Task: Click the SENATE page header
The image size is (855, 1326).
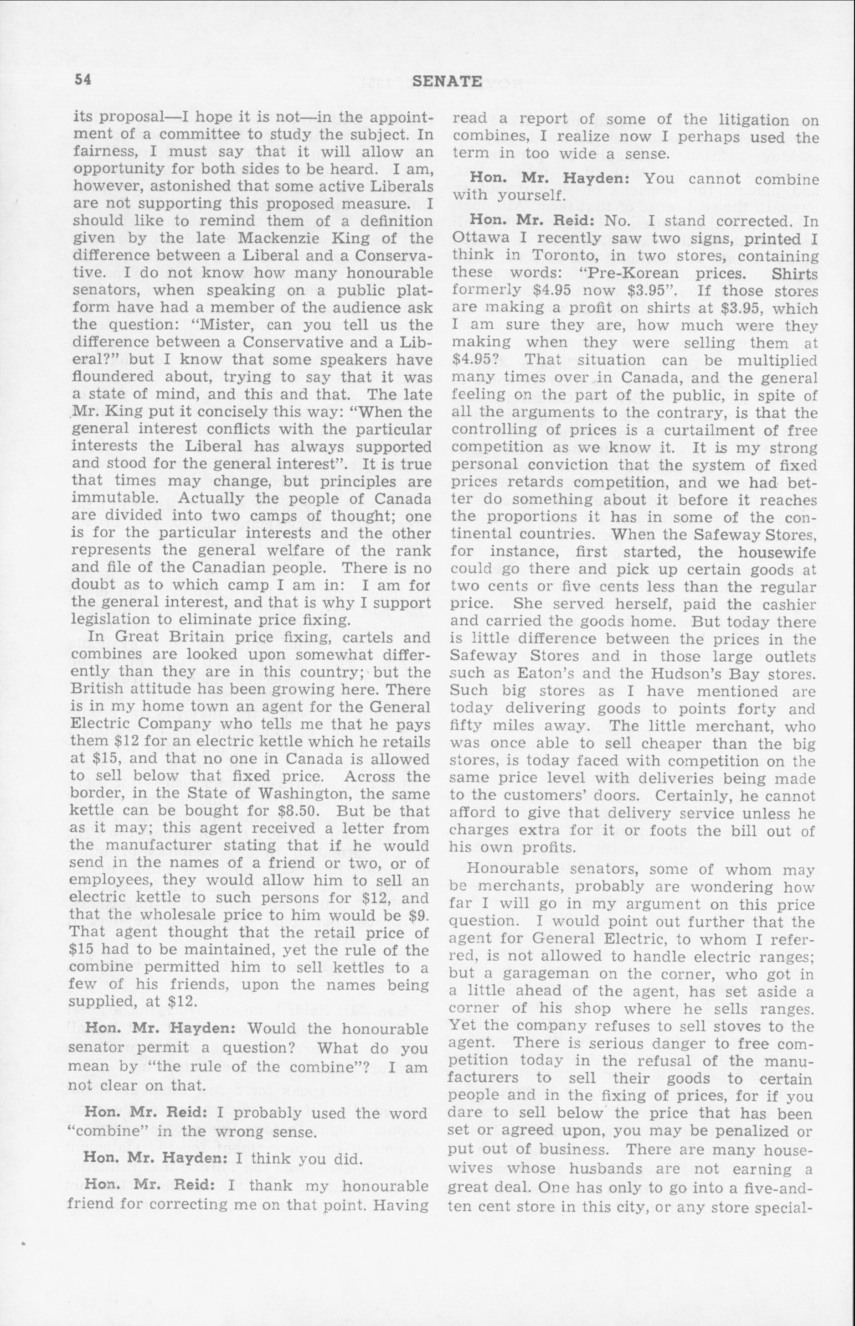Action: [x=448, y=82]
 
